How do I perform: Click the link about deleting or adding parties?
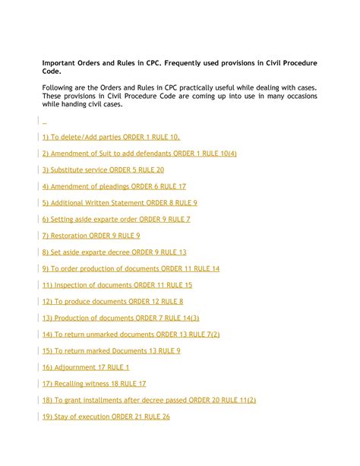point(111,137)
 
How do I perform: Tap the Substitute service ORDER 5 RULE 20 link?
point(103,170)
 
